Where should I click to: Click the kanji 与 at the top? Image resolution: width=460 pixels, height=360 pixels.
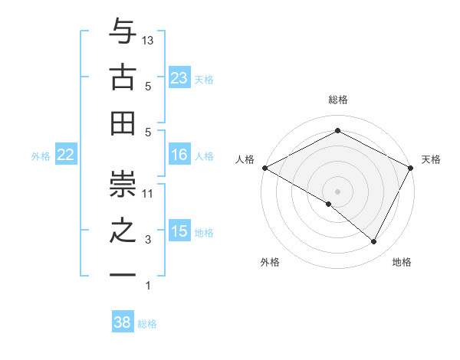click(x=122, y=31)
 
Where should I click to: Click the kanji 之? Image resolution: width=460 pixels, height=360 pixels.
click(x=122, y=231)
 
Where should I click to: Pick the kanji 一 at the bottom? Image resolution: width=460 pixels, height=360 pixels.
click(x=122, y=275)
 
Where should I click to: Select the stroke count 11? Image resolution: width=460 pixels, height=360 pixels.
click(x=149, y=193)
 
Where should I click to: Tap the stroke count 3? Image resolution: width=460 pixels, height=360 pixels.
click(x=149, y=240)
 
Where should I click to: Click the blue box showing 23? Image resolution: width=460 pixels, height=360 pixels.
click(x=179, y=77)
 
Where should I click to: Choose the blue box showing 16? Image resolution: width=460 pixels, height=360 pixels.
click(x=179, y=155)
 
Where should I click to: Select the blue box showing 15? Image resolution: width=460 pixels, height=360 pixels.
click(x=179, y=231)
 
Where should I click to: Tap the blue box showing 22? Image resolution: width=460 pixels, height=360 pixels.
click(x=65, y=155)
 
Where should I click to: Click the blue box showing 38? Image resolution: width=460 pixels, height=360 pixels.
click(x=122, y=322)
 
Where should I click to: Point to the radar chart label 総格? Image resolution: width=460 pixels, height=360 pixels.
click(x=337, y=100)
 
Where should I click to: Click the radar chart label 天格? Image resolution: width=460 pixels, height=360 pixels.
click(x=431, y=159)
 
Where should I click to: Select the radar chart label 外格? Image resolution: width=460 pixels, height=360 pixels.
click(x=270, y=262)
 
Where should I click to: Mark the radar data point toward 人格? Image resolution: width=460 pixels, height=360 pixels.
click(x=264, y=167)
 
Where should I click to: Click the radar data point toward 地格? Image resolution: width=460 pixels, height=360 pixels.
click(x=374, y=241)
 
